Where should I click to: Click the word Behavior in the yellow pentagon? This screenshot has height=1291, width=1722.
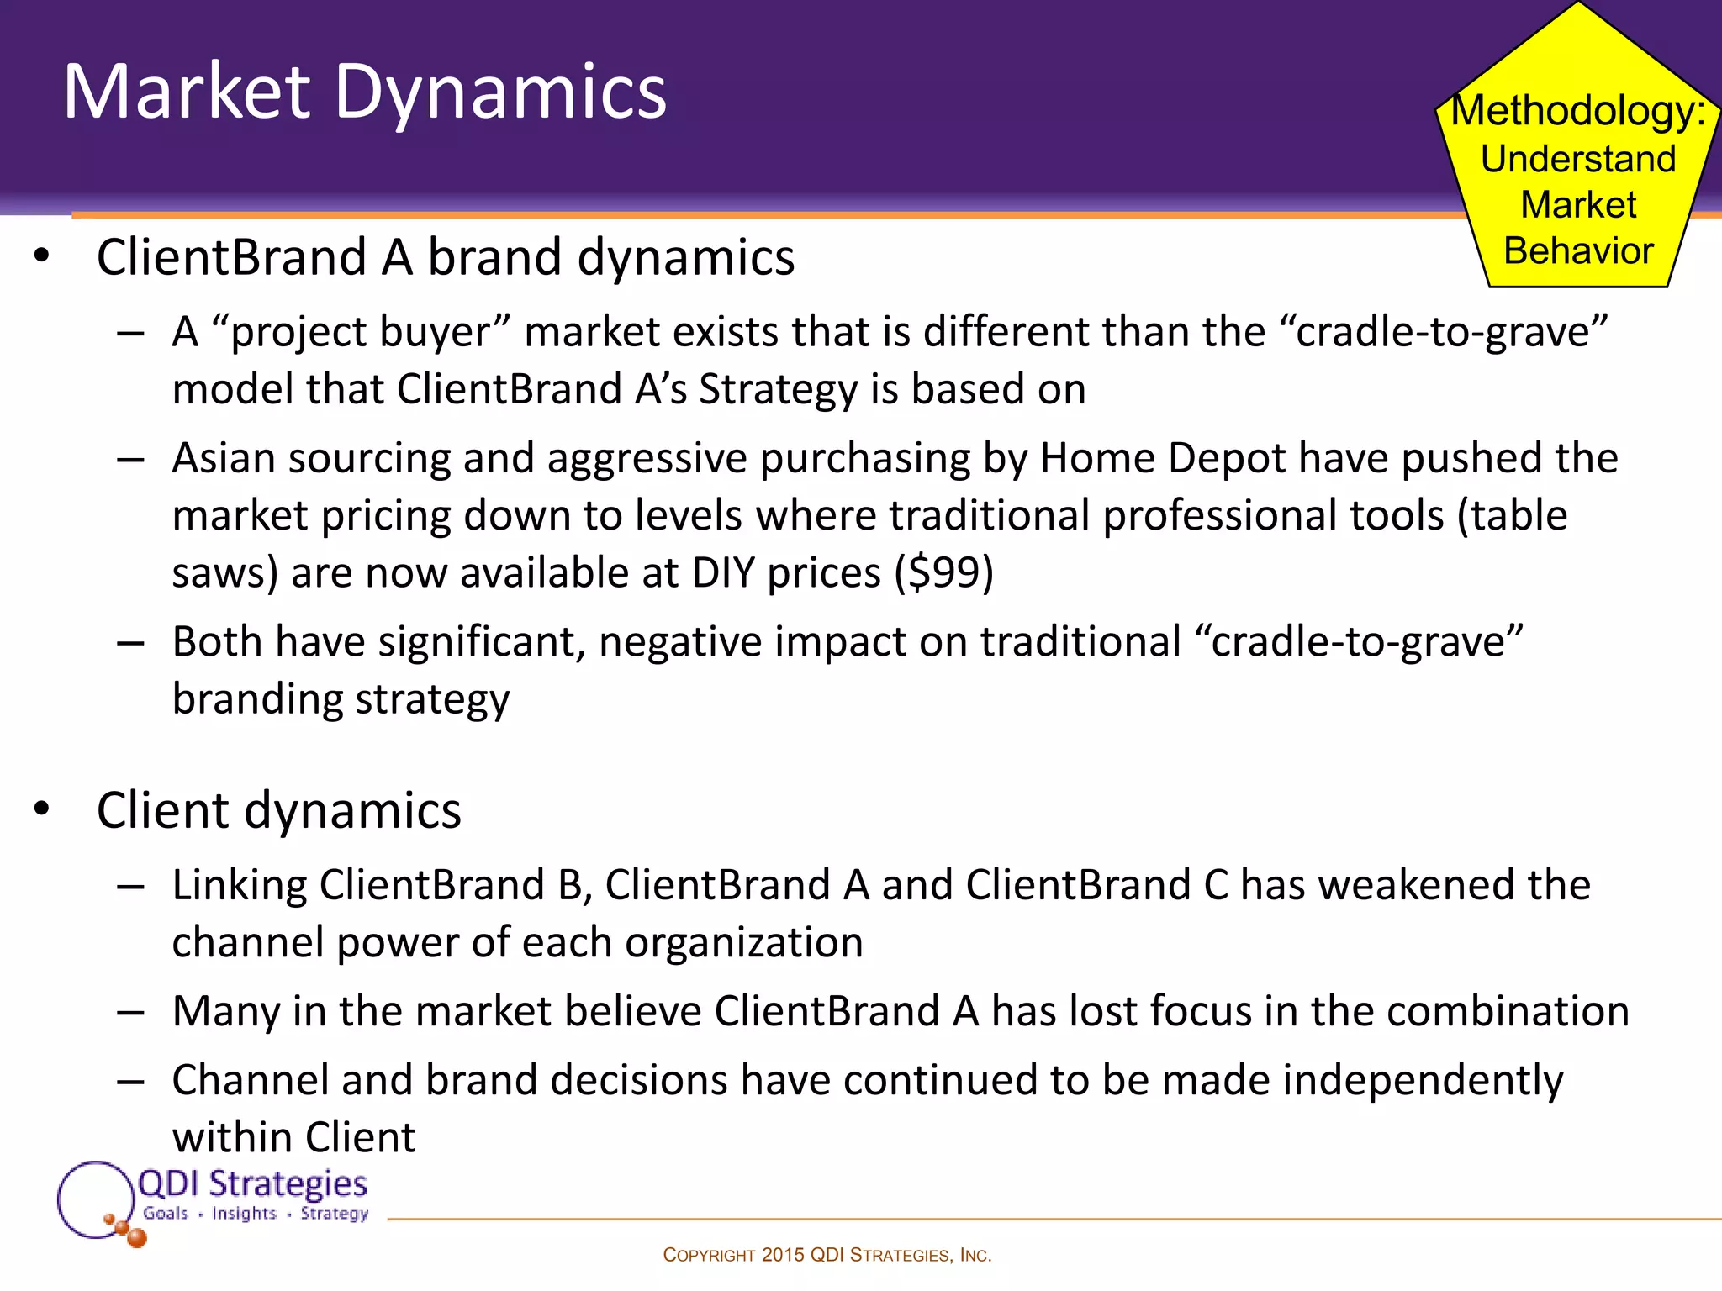1578,250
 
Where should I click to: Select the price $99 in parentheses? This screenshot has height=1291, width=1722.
943,573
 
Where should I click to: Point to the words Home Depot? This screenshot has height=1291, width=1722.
1163,459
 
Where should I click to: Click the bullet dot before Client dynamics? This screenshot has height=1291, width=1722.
42,809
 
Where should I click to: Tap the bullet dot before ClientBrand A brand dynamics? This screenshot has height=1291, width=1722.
42,256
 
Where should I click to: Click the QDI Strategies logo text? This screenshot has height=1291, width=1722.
252,1183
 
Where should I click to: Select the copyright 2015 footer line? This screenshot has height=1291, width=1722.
827,1255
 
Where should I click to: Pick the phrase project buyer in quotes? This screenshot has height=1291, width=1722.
360,331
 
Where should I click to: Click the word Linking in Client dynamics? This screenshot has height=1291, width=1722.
240,885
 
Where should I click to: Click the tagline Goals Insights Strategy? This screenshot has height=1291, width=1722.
255,1214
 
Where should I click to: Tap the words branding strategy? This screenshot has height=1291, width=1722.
341,699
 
